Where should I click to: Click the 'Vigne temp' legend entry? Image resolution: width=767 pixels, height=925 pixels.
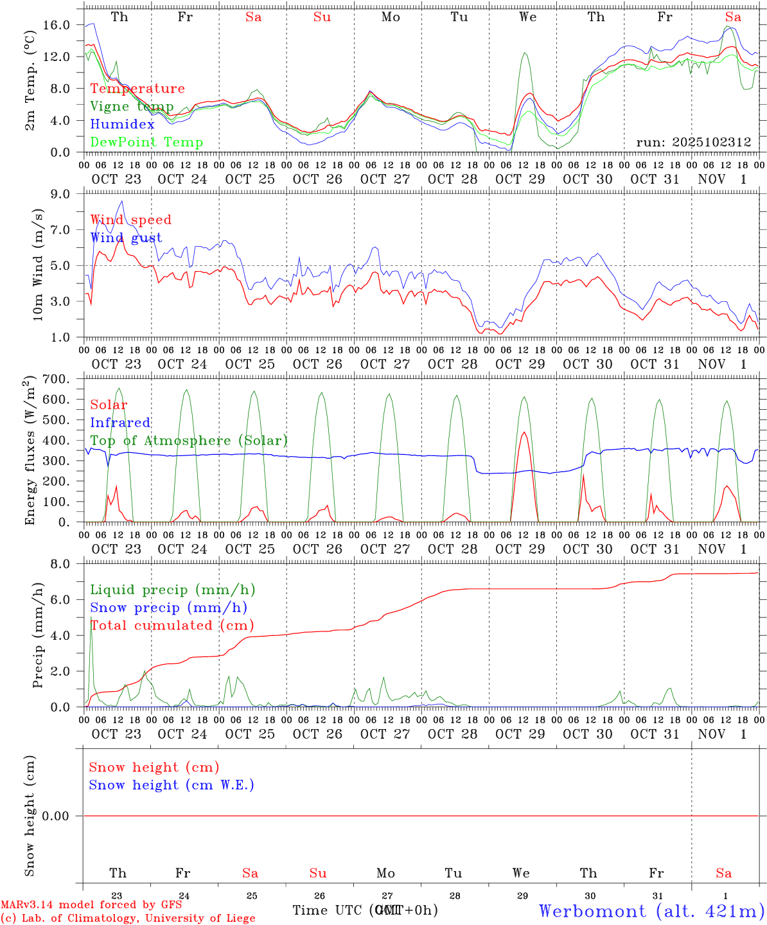132,107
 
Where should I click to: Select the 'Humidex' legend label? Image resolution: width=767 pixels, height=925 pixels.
122,125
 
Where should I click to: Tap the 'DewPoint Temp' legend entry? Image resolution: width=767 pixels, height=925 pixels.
146,143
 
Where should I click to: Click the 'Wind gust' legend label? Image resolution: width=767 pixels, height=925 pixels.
126,238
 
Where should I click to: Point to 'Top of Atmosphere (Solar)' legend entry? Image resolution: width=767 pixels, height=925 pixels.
189,441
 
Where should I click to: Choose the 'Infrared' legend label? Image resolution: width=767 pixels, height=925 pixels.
120,423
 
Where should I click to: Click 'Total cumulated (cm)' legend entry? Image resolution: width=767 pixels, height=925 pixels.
172,626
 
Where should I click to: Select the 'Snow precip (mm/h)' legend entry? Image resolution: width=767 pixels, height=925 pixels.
168,608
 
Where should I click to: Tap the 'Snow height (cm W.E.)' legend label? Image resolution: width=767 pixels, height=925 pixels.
172,785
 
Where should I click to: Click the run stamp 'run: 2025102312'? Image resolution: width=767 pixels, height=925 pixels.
694,143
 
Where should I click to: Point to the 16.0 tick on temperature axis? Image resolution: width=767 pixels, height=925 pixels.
57,25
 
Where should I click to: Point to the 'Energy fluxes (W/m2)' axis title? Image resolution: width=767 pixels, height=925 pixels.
30,452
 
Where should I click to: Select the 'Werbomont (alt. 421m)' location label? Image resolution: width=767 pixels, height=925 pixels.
651,911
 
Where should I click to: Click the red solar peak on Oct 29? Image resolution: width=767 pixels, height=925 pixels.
524,432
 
